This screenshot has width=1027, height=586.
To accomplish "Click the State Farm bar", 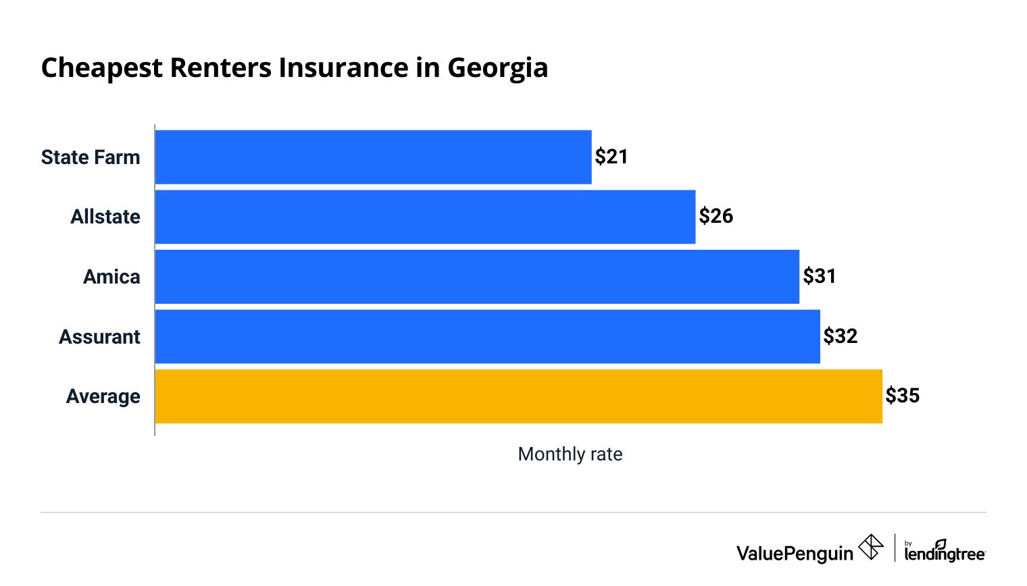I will (373, 157).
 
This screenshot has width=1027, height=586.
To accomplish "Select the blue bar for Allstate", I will (425, 217).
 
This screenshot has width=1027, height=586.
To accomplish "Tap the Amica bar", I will (477, 277).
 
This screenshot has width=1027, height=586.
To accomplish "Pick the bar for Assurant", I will (487, 336).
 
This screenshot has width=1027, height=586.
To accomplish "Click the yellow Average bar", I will (518, 396).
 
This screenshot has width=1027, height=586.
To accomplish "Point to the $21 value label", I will (611, 157).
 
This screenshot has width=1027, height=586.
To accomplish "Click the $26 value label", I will (716, 216).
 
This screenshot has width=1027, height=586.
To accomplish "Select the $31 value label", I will (819, 276).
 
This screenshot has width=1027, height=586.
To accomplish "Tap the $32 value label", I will (840, 336).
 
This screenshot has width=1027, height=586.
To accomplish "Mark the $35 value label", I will (902, 396).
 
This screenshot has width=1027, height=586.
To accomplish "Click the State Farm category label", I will (91, 157).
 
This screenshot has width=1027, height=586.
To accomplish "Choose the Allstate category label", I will (105, 217).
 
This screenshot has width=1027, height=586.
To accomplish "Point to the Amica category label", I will (111, 277).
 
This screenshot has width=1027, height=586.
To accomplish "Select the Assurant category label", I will (99, 337).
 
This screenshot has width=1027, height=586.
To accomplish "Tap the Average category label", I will (103, 396).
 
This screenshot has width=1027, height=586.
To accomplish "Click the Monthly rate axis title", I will (570, 454).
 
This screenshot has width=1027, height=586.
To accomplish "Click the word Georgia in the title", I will (497, 68).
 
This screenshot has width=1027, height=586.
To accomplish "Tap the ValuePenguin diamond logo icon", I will (870, 547).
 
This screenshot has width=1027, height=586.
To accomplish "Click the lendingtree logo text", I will (945, 554).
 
